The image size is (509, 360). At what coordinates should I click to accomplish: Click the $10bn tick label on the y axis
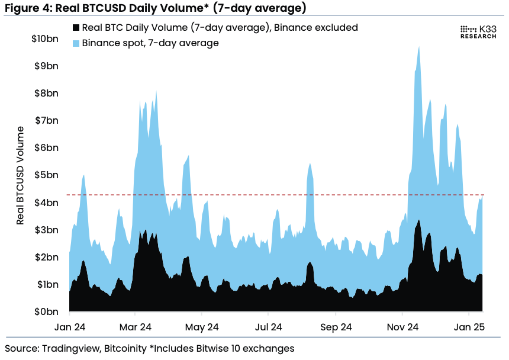(x=46, y=39)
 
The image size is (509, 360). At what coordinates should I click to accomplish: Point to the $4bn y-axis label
(x=49, y=202)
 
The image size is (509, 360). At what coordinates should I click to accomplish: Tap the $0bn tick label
(x=49, y=311)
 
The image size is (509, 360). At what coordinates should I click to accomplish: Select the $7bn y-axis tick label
(x=49, y=121)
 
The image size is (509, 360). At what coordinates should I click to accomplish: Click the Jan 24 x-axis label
(x=70, y=326)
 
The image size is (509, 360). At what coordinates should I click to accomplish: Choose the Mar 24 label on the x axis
(x=136, y=326)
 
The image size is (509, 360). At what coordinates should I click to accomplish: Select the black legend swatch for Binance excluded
(x=75, y=28)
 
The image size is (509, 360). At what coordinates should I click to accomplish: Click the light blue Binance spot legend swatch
(x=75, y=43)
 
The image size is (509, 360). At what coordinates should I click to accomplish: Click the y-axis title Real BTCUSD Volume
(x=21, y=175)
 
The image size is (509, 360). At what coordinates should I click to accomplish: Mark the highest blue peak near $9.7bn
(x=419, y=47)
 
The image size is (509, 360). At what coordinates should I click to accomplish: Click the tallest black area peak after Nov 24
(x=418, y=221)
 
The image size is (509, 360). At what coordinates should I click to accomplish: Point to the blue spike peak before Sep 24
(x=310, y=164)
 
